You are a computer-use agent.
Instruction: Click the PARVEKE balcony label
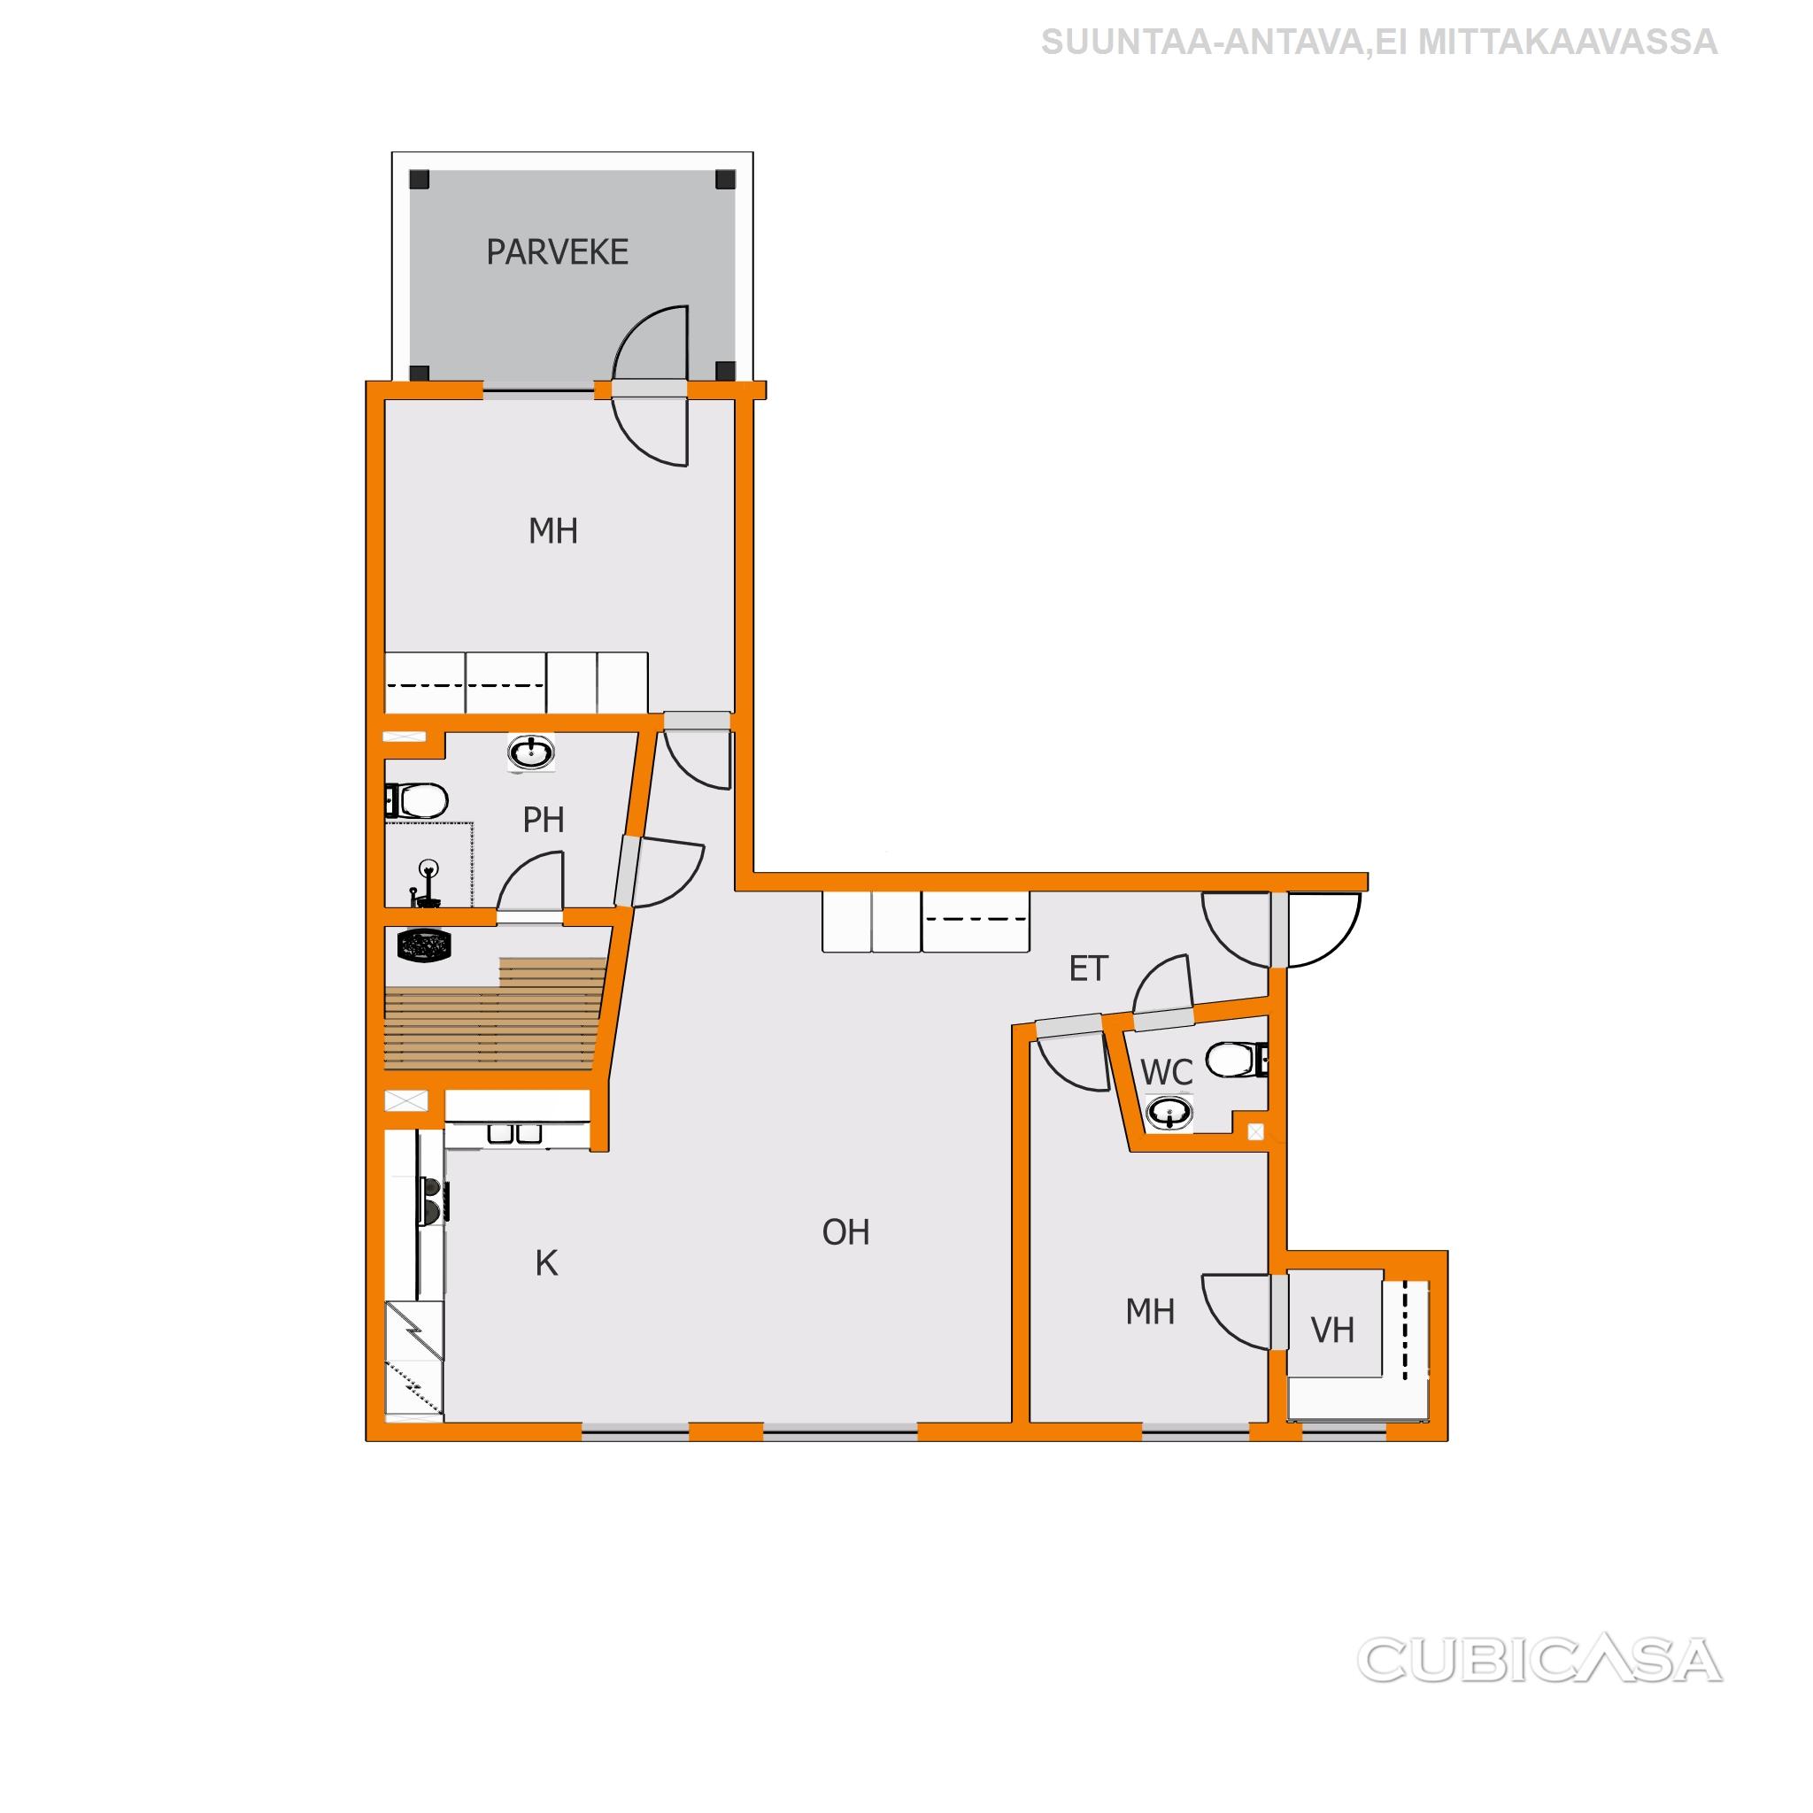(x=558, y=251)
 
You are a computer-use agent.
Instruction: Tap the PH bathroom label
(x=544, y=820)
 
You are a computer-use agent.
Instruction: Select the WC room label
(x=1167, y=1072)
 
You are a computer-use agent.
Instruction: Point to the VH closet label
(x=1332, y=1330)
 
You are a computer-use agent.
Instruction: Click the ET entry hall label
(x=1089, y=968)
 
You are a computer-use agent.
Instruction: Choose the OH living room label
(x=845, y=1232)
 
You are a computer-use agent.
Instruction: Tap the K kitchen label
(x=546, y=1264)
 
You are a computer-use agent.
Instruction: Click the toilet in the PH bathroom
(x=417, y=800)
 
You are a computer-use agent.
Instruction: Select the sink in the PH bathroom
(x=531, y=752)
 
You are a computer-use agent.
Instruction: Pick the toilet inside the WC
(x=1237, y=1060)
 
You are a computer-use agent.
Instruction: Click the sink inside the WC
(x=1169, y=1114)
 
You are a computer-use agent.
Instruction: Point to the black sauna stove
(x=426, y=944)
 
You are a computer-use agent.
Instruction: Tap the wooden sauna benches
(x=494, y=1014)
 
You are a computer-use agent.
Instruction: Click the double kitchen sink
(x=515, y=1134)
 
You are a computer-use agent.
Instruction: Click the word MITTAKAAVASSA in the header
(x=1567, y=42)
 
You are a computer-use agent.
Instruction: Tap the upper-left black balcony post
(x=420, y=179)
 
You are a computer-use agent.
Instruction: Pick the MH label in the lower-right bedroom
(x=1151, y=1312)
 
